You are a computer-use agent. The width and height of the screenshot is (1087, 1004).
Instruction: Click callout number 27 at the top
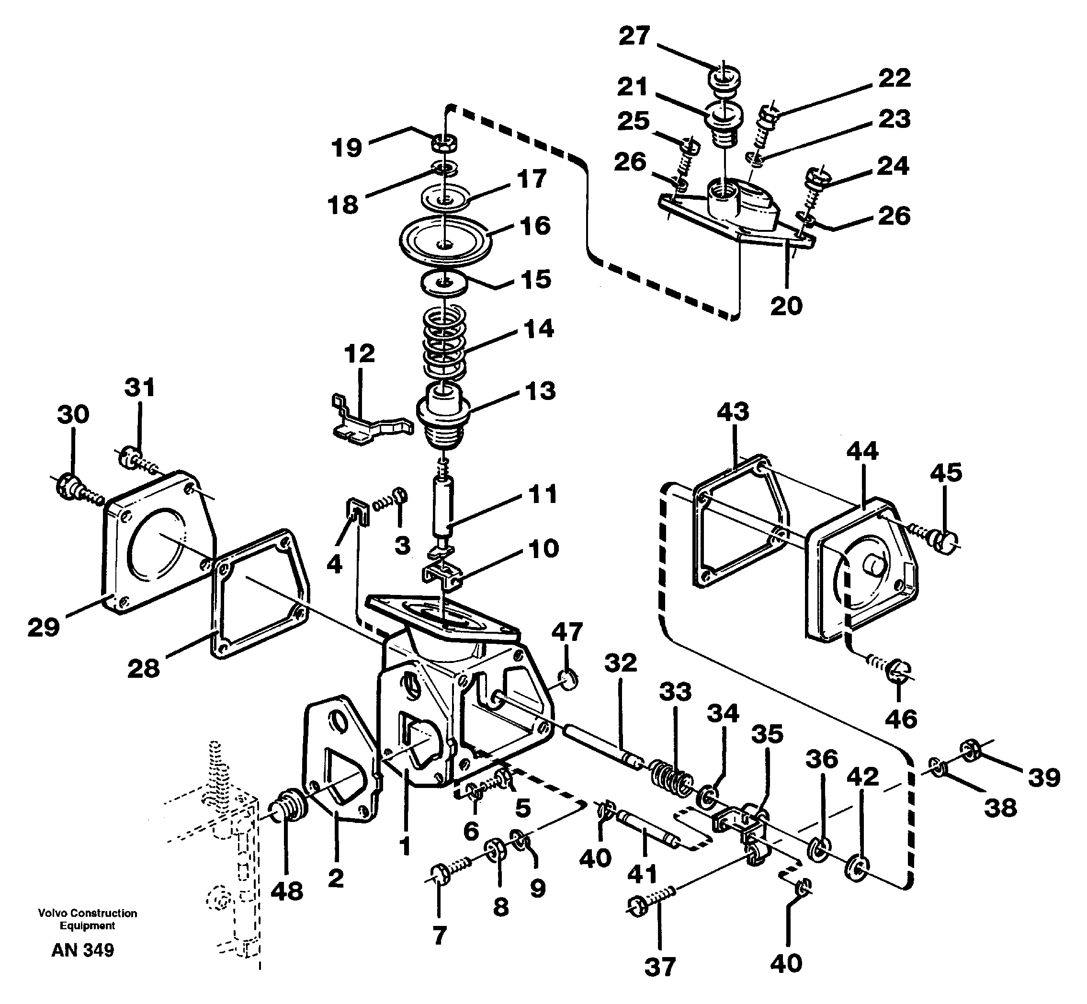634,36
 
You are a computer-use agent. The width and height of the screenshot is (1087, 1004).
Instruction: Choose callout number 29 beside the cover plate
44,627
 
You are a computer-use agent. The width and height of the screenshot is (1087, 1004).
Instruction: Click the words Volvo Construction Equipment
88,919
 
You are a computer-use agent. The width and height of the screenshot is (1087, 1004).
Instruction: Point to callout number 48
286,891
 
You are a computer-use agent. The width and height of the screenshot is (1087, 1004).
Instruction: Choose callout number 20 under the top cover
786,306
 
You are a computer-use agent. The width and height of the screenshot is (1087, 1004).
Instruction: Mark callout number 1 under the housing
405,846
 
